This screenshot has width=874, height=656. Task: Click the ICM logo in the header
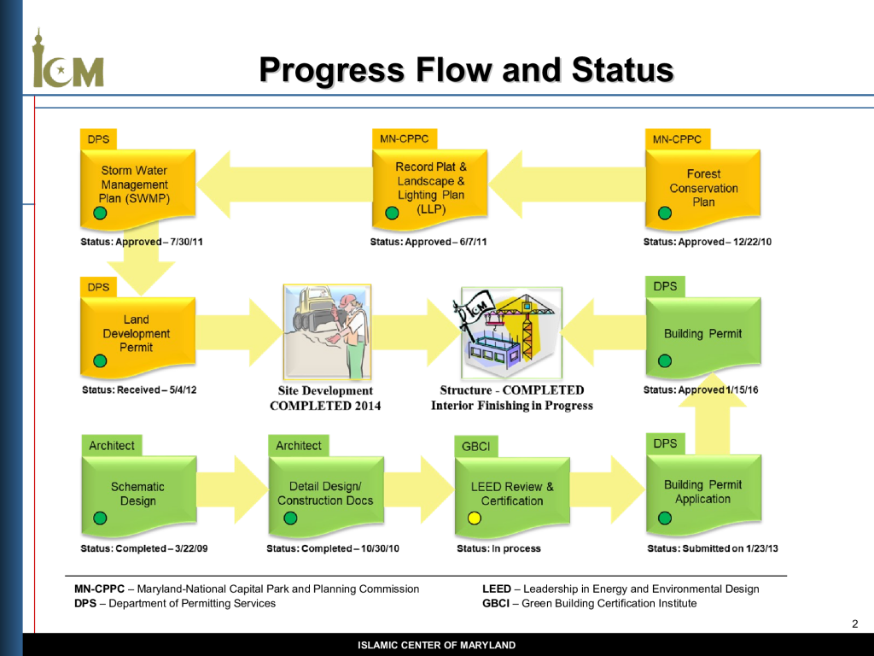pos(68,59)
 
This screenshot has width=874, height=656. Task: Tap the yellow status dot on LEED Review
pos(475,518)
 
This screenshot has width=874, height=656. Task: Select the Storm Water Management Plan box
pos(137,189)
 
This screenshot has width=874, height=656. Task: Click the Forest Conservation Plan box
pos(703,189)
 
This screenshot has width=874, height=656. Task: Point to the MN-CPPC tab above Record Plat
pos(404,139)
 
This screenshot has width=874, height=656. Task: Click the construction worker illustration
pos(327,332)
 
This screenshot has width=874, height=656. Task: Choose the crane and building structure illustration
pos(511,333)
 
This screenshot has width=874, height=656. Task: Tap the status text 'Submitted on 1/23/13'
pos(731,548)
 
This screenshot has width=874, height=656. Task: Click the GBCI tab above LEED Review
pos(476,446)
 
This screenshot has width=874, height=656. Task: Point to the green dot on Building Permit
pos(664,361)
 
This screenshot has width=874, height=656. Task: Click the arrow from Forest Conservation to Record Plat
pos(567,184)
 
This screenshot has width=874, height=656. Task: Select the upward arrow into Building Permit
pos(713,414)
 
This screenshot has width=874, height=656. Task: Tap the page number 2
pos(855,624)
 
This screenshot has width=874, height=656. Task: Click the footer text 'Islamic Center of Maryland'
pos(436,646)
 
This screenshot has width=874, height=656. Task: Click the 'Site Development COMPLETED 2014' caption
pos(325,398)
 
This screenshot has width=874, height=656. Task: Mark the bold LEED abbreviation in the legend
pos(497,589)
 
